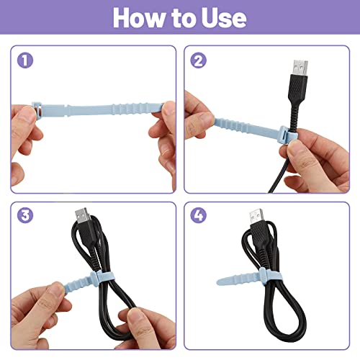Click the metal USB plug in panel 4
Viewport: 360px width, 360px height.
pos(253,217)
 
